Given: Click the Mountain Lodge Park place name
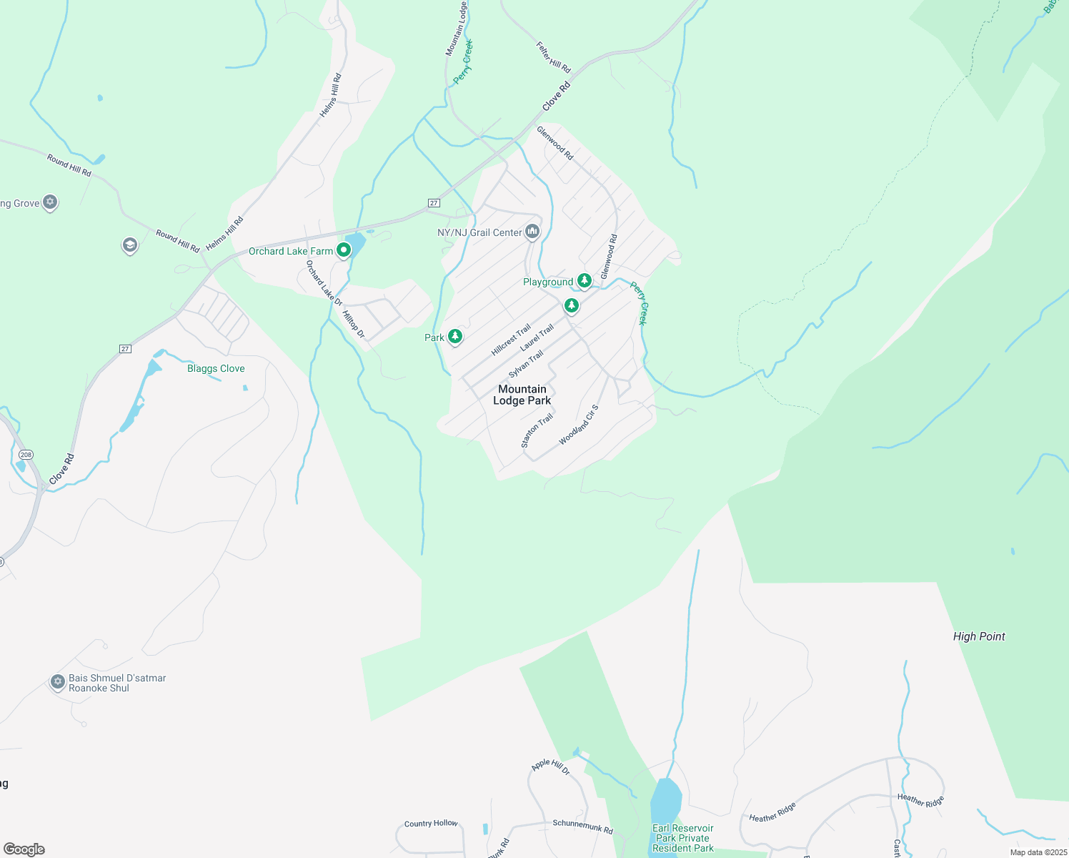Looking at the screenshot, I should (522, 395).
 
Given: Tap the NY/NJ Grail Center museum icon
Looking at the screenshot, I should (532, 232).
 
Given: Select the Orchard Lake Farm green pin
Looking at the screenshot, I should (344, 250).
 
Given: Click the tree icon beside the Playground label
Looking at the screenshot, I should (585, 280).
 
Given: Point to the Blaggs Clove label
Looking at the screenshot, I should (216, 368).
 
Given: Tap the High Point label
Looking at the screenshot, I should (979, 636).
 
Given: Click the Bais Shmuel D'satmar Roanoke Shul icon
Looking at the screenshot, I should (58, 682).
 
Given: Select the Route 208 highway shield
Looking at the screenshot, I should (26, 455).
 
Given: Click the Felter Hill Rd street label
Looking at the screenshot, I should (554, 57).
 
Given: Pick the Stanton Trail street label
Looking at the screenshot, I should (537, 430).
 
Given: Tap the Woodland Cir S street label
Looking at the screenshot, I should (579, 425).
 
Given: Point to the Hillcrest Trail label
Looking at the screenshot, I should (511, 340).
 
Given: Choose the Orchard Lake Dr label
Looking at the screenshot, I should (324, 283).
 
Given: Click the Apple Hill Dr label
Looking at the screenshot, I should (550, 766).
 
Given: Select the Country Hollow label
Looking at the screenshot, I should (431, 824).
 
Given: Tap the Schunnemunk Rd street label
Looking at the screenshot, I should (582, 827).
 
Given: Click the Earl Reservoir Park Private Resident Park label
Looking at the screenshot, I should (683, 838).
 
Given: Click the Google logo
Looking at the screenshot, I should (24, 849).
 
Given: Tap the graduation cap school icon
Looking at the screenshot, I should (129, 246).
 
